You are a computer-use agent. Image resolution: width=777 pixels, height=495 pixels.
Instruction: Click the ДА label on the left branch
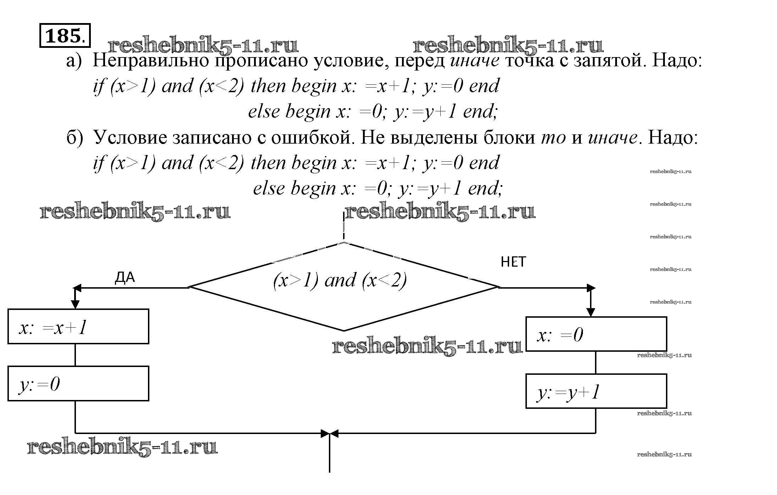[x=125, y=278]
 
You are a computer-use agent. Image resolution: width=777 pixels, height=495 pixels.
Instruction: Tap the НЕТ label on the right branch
[x=513, y=262]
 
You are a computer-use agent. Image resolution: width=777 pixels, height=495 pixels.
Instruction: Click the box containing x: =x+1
[x=78, y=327]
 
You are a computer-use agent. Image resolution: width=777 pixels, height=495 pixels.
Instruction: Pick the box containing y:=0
[x=78, y=384]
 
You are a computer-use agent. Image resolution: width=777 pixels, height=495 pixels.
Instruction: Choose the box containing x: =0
[x=596, y=334]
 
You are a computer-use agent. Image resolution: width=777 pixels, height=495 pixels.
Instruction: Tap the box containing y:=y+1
[x=596, y=391]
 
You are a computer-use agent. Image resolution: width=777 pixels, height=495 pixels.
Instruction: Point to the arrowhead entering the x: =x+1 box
[x=75, y=305]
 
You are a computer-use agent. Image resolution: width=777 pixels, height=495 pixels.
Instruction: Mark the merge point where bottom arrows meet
[x=330, y=433]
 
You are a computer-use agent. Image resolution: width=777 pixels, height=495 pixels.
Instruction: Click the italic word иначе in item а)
[x=475, y=61]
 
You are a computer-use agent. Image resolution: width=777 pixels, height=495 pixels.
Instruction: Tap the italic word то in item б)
[x=553, y=138]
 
